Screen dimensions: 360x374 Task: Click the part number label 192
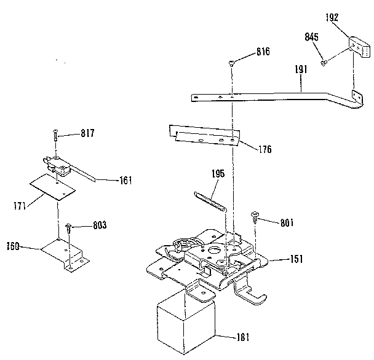point(332,18)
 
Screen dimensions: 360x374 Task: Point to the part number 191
point(301,71)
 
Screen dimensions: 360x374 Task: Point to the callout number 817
point(89,133)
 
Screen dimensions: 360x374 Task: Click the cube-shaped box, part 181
point(186,323)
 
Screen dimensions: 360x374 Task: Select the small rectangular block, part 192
point(356,45)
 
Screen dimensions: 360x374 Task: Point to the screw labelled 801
point(253,216)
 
